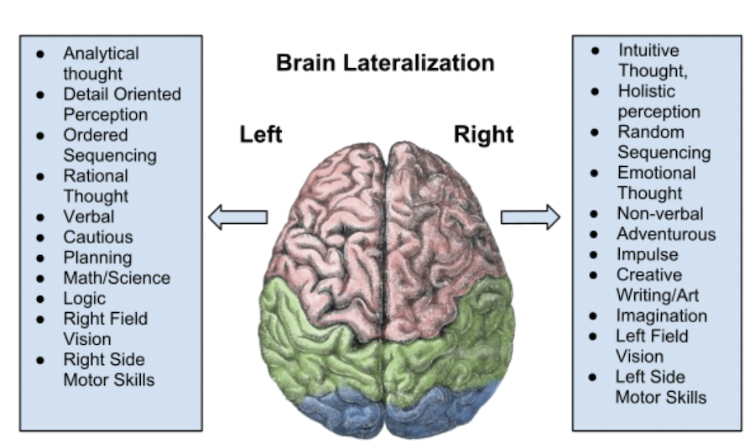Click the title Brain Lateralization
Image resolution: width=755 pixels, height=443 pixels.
pyautogui.click(x=385, y=63)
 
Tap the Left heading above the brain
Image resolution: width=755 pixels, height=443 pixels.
pyautogui.click(x=261, y=134)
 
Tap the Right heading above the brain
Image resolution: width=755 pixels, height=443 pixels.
pyautogui.click(x=484, y=134)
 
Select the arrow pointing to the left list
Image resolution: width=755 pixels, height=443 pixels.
pyautogui.click(x=237, y=217)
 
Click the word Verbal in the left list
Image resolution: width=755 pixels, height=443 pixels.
pyautogui.click(x=89, y=216)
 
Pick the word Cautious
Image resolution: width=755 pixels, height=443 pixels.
pyautogui.click(x=98, y=237)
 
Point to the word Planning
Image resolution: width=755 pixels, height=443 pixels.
pyautogui.click(x=97, y=258)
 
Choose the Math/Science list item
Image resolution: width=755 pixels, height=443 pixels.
pyautogui.click(x=117, y=278)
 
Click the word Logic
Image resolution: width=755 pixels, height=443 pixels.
pyautogui.click(x=85, y=298)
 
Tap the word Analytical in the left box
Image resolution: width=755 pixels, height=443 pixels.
pyautogui.click(x=102, y=54)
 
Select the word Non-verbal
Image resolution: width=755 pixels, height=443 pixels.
pyautogui.click(x=660, y=213)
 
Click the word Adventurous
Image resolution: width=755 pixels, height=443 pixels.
pyautogui.click(x=666, y=234)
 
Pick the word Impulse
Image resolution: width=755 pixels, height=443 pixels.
pyautogui.click(x=648, y=254)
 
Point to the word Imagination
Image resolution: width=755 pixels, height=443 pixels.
pyautogui.click(x=662, y=315)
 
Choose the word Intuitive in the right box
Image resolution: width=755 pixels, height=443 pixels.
pyautogui.click(x=648, y=50)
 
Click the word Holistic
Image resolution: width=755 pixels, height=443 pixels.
pyautogui.click(x=646, y=91)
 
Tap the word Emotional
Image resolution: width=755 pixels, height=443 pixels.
pyautogui.click(x=657, y=173)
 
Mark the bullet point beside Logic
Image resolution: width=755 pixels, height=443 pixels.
pyautogui.click(x=40, y=299)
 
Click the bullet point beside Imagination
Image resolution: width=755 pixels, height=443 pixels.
pyautogui.click(x=594, y=316)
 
